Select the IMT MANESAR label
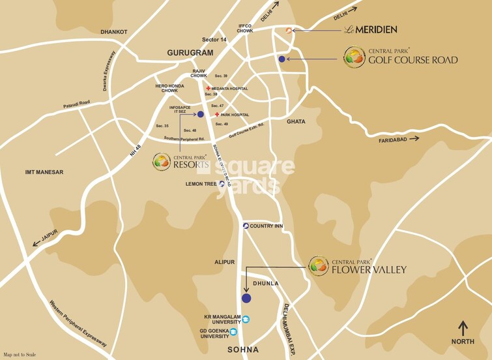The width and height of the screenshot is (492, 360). click(x=44, y=172)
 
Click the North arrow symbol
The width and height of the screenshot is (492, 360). click(x=463, y=327)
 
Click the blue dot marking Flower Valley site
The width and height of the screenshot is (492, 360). click(x=246, y=299)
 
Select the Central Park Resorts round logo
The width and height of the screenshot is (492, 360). click(x=162, y=161)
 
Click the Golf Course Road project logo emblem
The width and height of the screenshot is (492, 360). click(x=355, y=57)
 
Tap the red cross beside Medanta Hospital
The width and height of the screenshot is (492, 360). click(x=209, y=89)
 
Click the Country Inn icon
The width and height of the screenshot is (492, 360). click(x=246, y=226)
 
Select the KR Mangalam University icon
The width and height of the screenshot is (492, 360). click(x=246, y=319)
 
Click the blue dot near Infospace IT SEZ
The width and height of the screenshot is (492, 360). click(x=191, y=114)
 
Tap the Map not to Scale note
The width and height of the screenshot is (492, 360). click(x=20, y=354)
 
